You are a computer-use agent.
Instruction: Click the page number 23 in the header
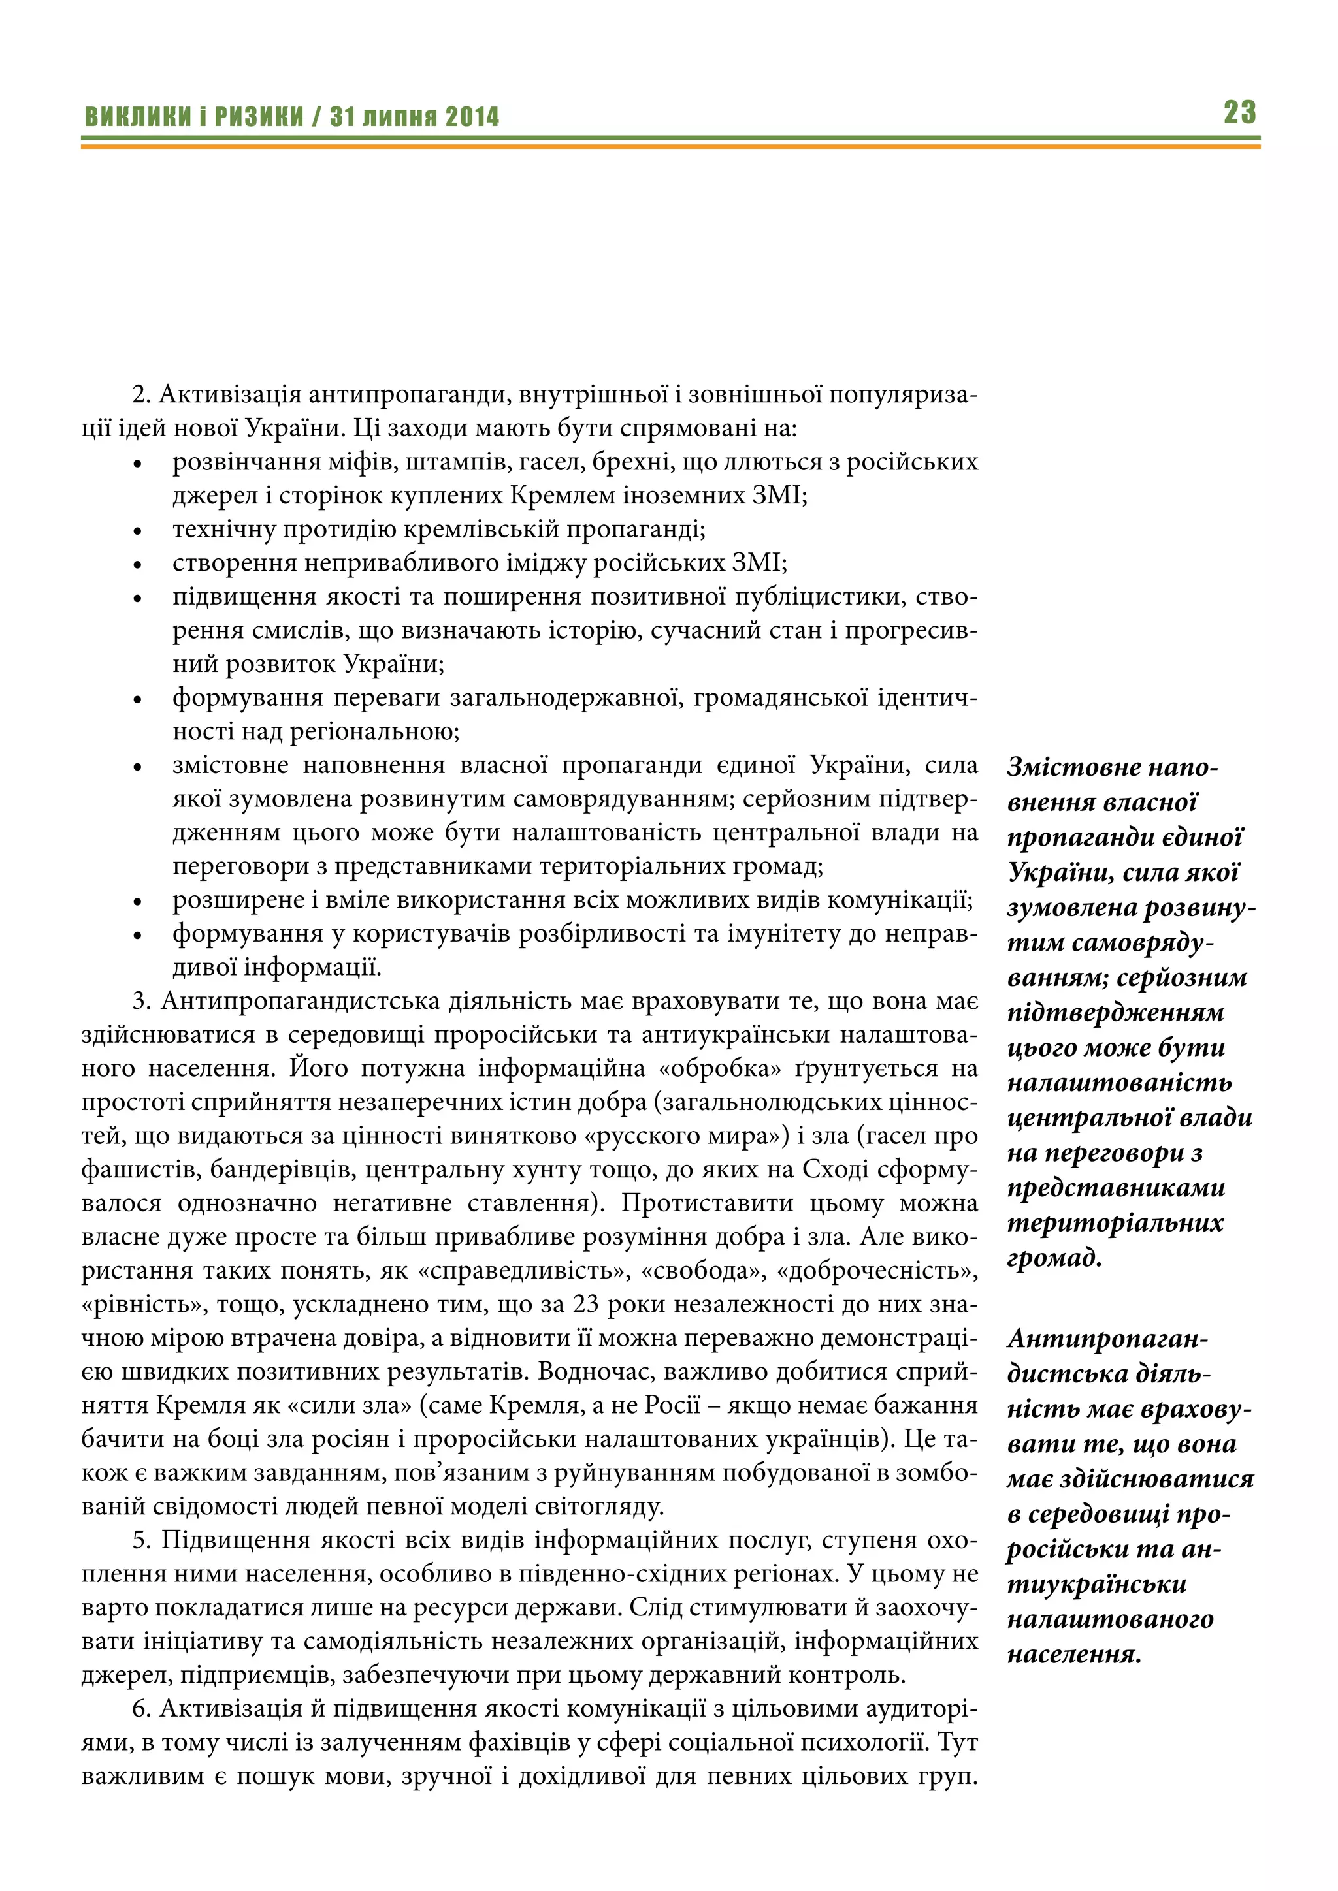(x=1239, y=112)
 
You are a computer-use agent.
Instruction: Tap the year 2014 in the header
(x=472, y=117)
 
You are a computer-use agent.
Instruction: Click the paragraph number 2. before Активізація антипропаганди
(x=142, y=394)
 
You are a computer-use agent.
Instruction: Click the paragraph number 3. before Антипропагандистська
(x=142, y=1001)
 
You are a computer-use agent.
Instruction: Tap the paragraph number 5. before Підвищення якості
(x=142, y=1540)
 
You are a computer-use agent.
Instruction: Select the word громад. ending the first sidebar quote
(x=1054, y=1258)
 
